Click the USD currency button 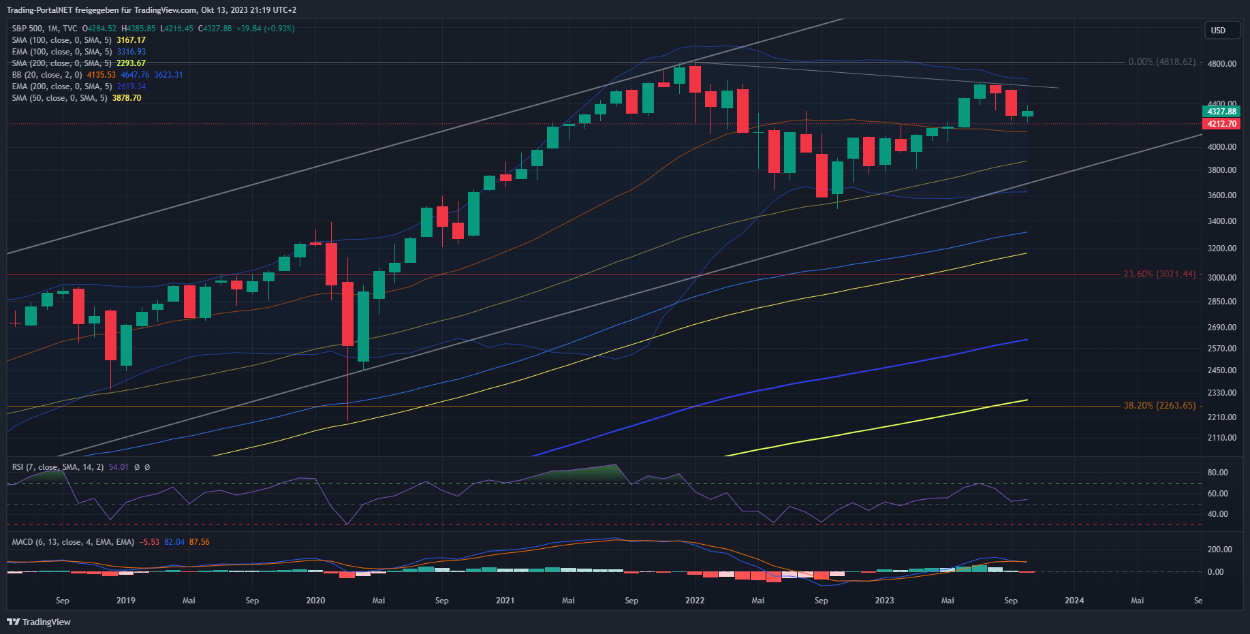(x=1218, y=30)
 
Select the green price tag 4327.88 (x=1221, y=111)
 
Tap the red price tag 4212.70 (x=1221, y=124)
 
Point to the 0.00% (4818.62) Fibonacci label (x=1161, y=62)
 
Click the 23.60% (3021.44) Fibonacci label (x=1159, y=274)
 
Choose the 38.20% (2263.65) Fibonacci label (x=1159, y=405)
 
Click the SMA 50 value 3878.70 (x=127, y=98)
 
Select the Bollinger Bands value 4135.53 (x=101, y=75)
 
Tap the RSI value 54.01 (x=119, y=467)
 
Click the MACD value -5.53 (x=149, y=542)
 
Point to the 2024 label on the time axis (x=1074, y=601)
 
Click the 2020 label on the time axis (x=315, y=601)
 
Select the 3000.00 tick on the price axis (x=1221, y=278)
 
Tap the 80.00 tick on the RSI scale (x=1217, y=473)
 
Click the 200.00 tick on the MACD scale (x=1219, y=550)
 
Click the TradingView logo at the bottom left (x=39, y=622)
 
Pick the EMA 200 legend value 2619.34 (x=131, y=86)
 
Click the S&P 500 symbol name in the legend (x=27, y=29)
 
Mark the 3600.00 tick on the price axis (x=1221, y=195)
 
